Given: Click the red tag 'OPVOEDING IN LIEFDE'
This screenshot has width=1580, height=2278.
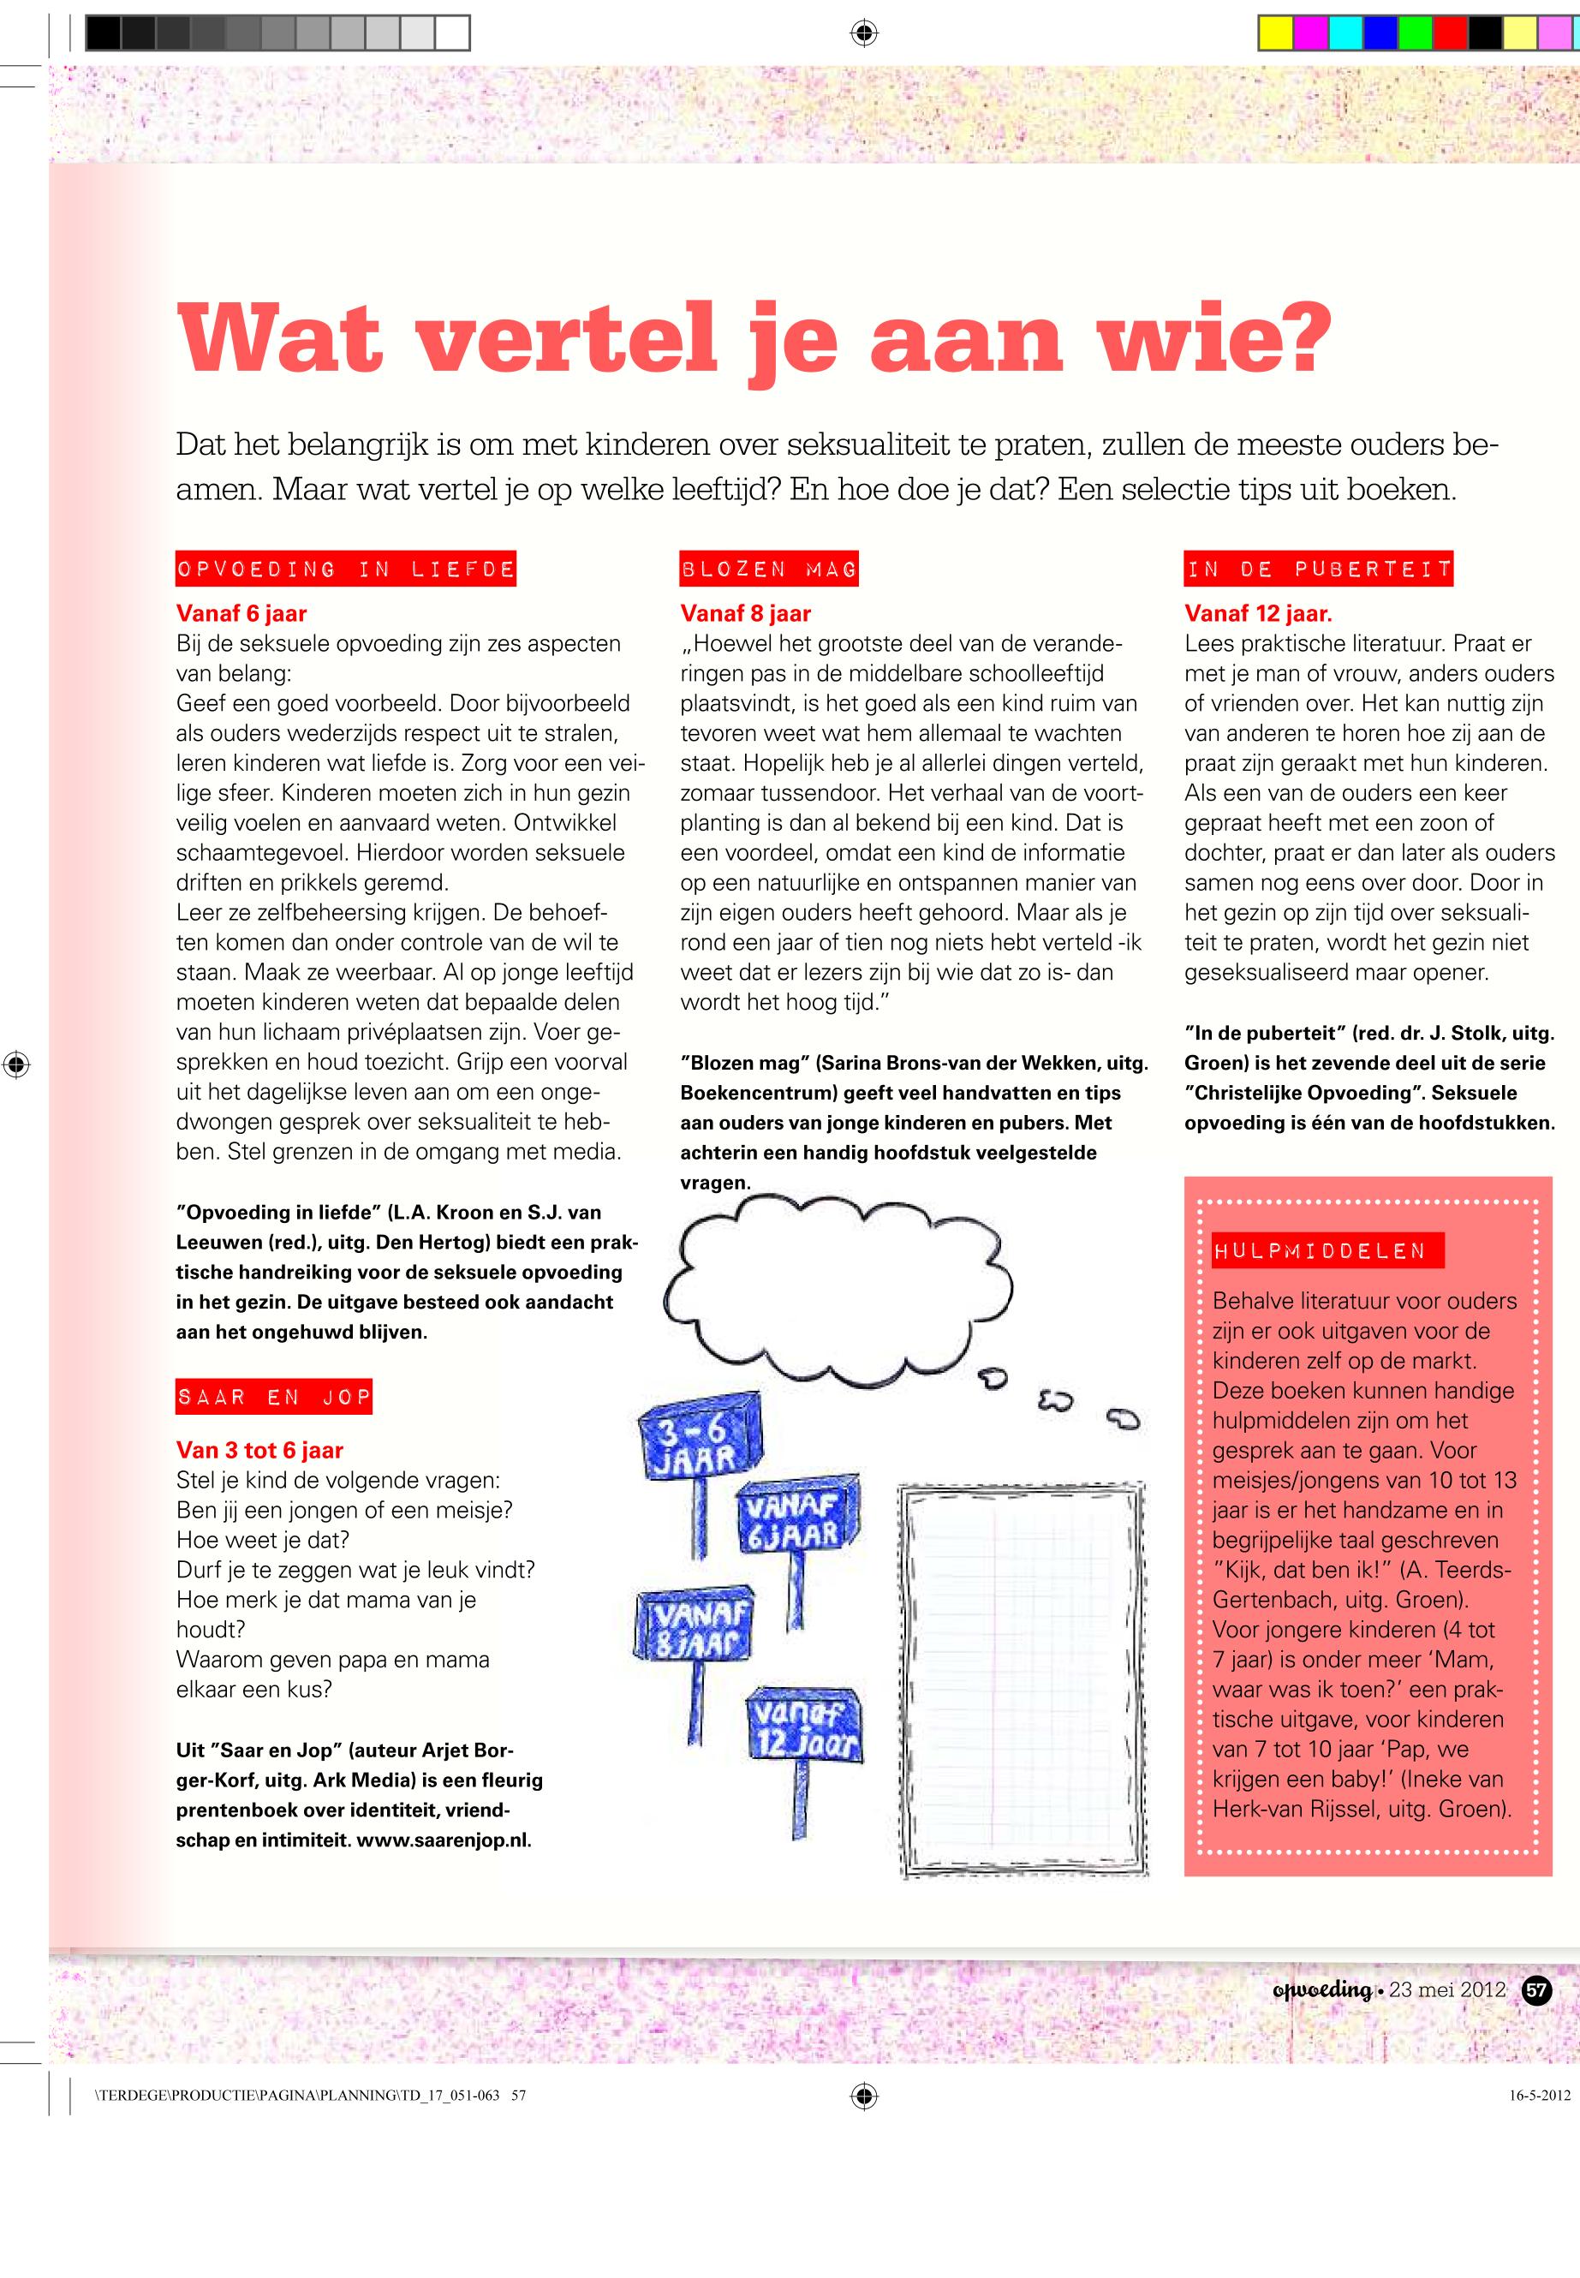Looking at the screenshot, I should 345,569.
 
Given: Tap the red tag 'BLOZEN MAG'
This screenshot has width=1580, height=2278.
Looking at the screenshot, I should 768,569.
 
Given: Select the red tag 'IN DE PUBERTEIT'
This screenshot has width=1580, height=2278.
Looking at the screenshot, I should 1319,569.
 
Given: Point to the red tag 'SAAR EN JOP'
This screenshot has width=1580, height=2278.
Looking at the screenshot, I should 274,1397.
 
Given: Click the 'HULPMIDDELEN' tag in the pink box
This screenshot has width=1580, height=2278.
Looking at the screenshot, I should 1327,1250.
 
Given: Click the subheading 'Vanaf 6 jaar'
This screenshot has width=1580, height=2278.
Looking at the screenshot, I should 241,614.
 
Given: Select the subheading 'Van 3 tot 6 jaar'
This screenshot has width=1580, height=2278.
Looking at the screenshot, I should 259,1451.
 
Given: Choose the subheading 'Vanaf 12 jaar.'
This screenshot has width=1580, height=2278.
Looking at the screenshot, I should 1258,614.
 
